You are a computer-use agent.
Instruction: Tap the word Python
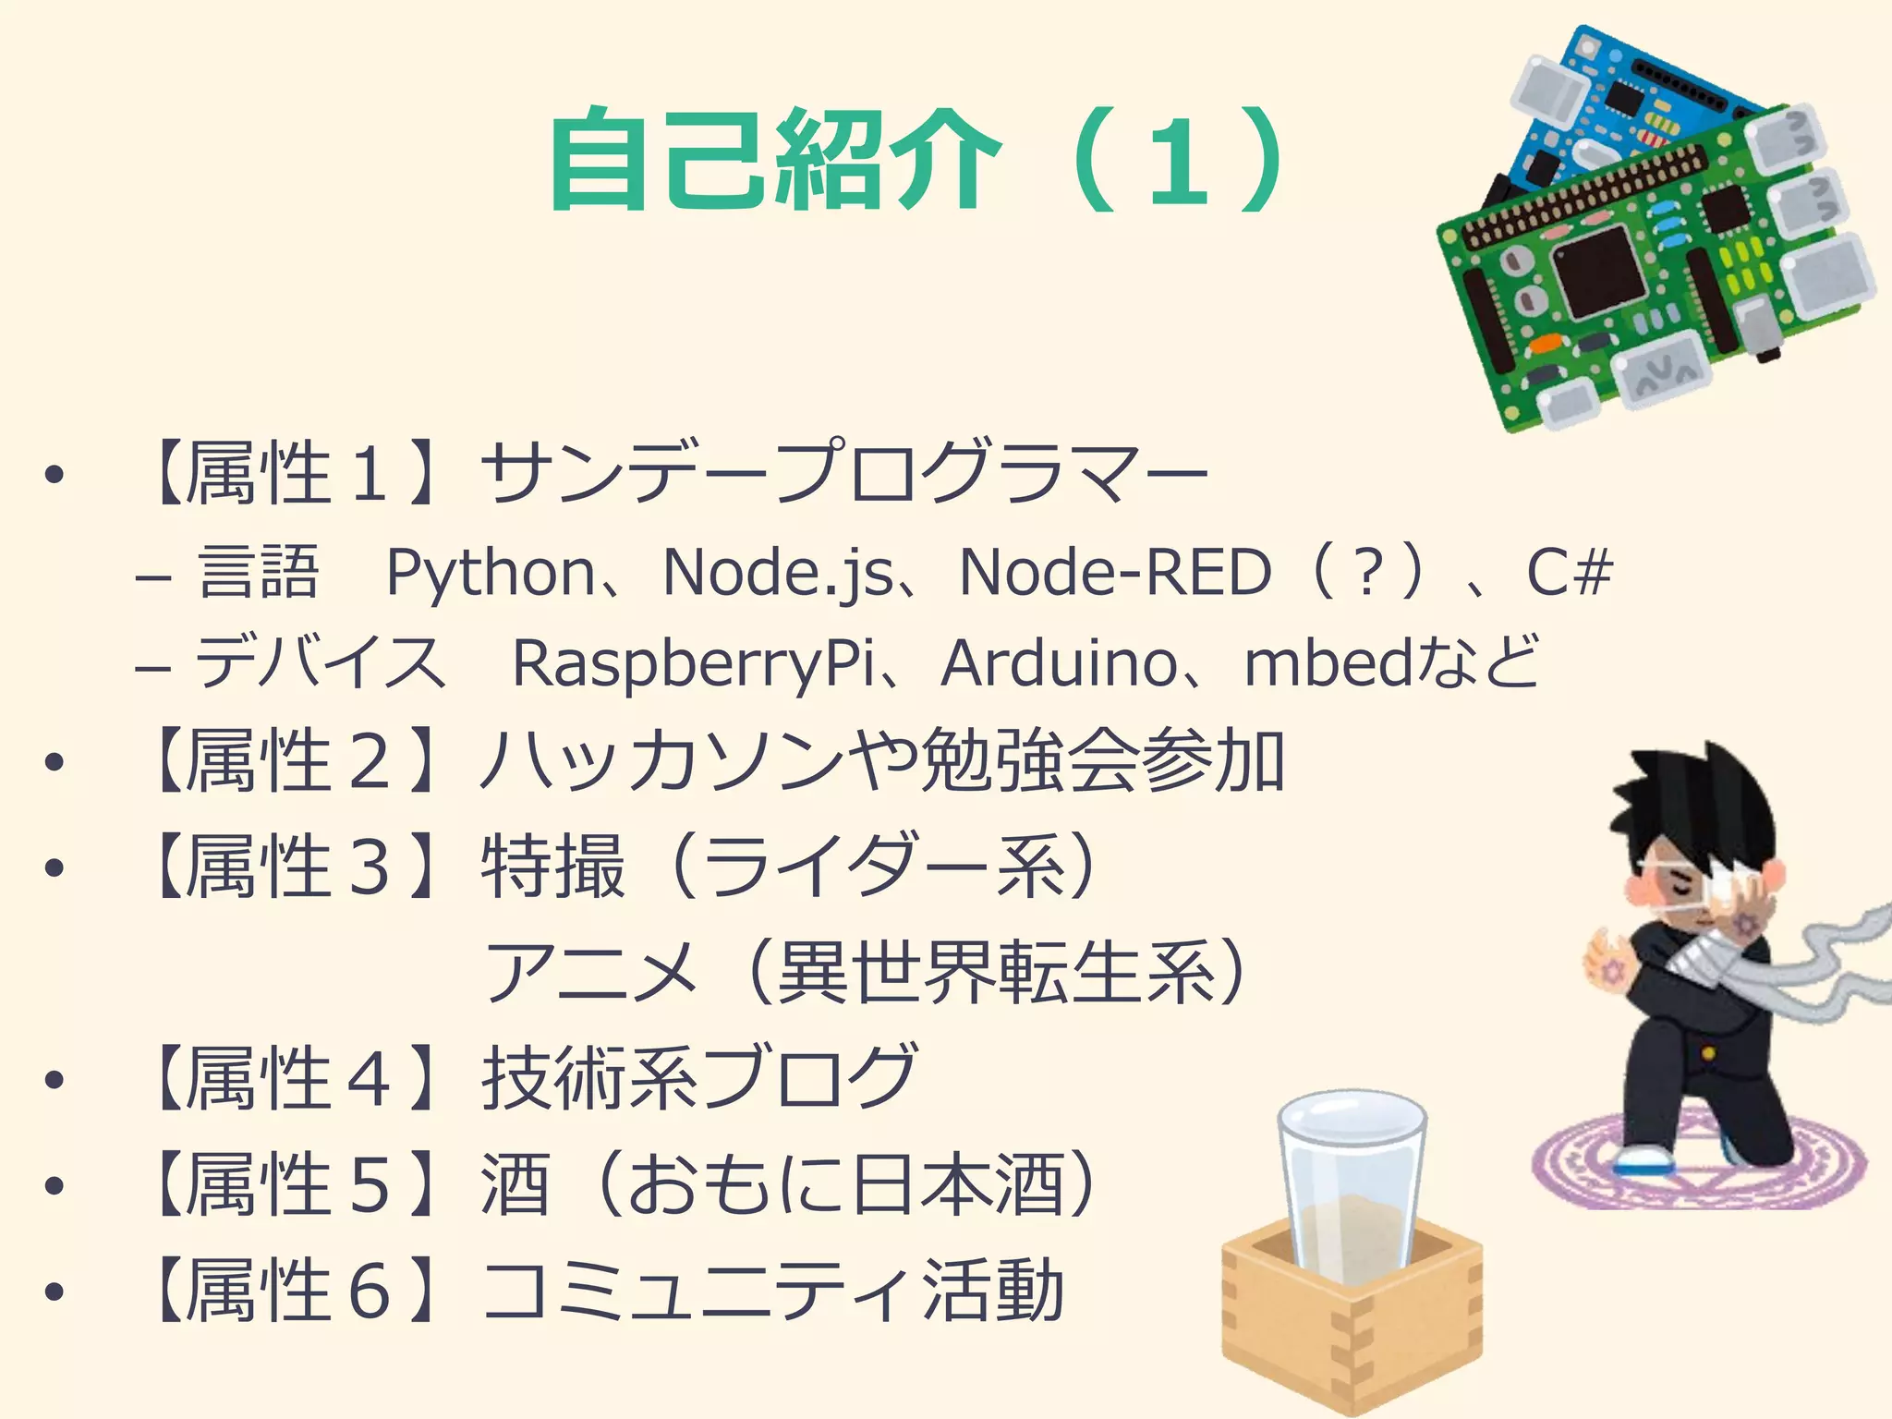coord(491,574)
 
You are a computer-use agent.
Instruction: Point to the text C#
coord(1569,573)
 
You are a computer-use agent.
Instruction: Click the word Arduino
coord(1059,663)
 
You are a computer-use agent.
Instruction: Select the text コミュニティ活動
coord(772,1290)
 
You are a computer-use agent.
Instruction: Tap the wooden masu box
coord(1351,1330)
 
